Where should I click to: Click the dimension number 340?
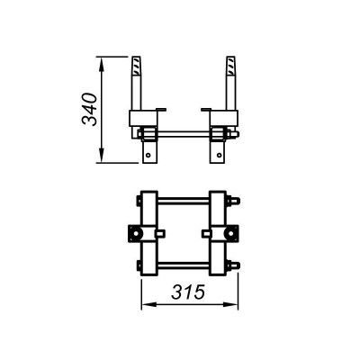click(x=89, y=110)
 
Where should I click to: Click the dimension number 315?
click(x=188, y=292)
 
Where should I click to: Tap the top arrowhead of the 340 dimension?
click(x=102, y=64)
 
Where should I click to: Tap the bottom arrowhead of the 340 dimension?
click(x=102, y=156)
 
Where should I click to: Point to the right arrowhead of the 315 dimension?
click(x=230, y=304)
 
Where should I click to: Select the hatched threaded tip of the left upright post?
click(x=137, y=66)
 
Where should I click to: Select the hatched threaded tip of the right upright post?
click(x=230, y=66)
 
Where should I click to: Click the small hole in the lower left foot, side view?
click(x=148, y=155)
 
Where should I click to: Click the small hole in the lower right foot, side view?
click(x=220, y=155)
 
